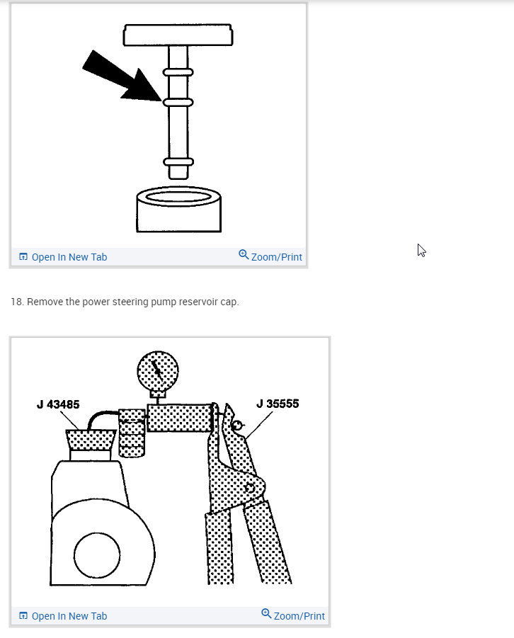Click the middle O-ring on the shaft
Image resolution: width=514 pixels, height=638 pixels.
tap(178, 103)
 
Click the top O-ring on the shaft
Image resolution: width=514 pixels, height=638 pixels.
tap(178, 72)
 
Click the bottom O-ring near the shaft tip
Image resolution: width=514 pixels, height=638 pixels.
tap(178, 162)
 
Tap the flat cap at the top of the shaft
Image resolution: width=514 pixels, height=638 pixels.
tap(178, 35)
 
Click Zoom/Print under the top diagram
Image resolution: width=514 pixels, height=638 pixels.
tap(270, 256)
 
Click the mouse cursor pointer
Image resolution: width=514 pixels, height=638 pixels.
tap(421, 250)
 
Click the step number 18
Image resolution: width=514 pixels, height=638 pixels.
tap(17, 302)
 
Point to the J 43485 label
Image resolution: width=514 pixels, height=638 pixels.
tap(58, 405)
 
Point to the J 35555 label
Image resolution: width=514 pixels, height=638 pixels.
tap(278, 404)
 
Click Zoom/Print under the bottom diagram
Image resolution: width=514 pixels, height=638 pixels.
tap(293, 615)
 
